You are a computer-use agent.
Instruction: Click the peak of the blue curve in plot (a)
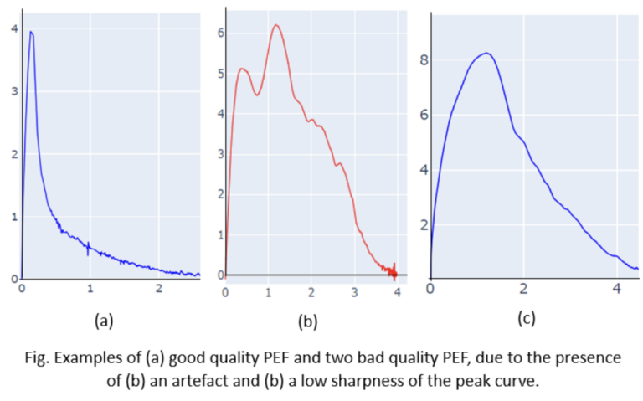pyautogui.click(x=31, y=33)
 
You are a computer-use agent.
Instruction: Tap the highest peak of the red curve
pyautogui.click(x=275, y=25)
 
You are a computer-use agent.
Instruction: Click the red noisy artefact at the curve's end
pyautogui.click(x=393, y=270)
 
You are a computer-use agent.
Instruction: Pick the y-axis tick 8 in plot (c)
pyautogui.click(x=424, y=60)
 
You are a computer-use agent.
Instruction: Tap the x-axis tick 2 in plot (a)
pyautogui.click(x=159, y=289)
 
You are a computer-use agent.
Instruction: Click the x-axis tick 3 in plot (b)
pyautogui.click(x=354, y=291)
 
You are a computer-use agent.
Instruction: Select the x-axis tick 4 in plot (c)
pyautogui.click(x=617, y=289)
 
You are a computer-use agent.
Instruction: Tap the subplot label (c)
pyautogui.click(x=527, y=318)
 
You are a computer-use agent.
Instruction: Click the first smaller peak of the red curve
pyautogui.click(x=242, y=69)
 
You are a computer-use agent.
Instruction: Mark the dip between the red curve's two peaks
pyautogui.click(x=258, y=95)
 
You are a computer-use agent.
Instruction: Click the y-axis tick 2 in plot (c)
pyautogui.click(x=424, y=224)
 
